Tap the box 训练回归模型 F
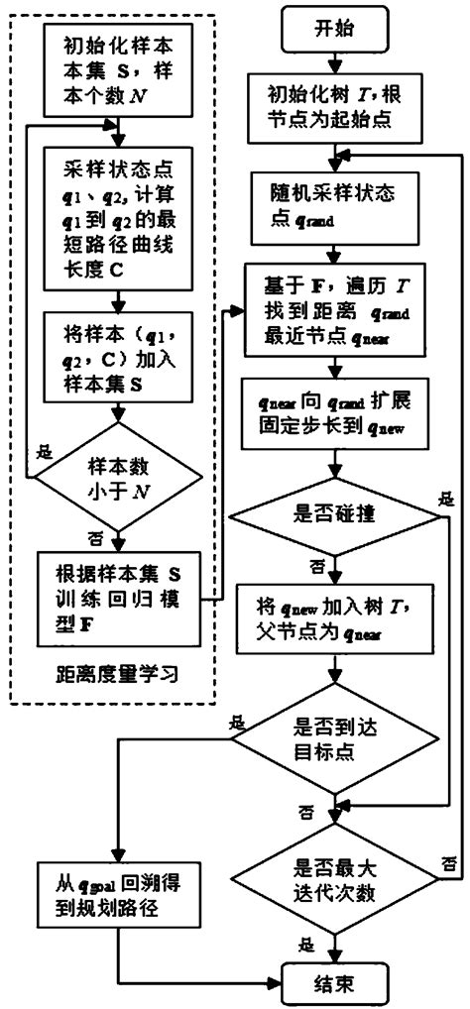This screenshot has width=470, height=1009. coord(117,592)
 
